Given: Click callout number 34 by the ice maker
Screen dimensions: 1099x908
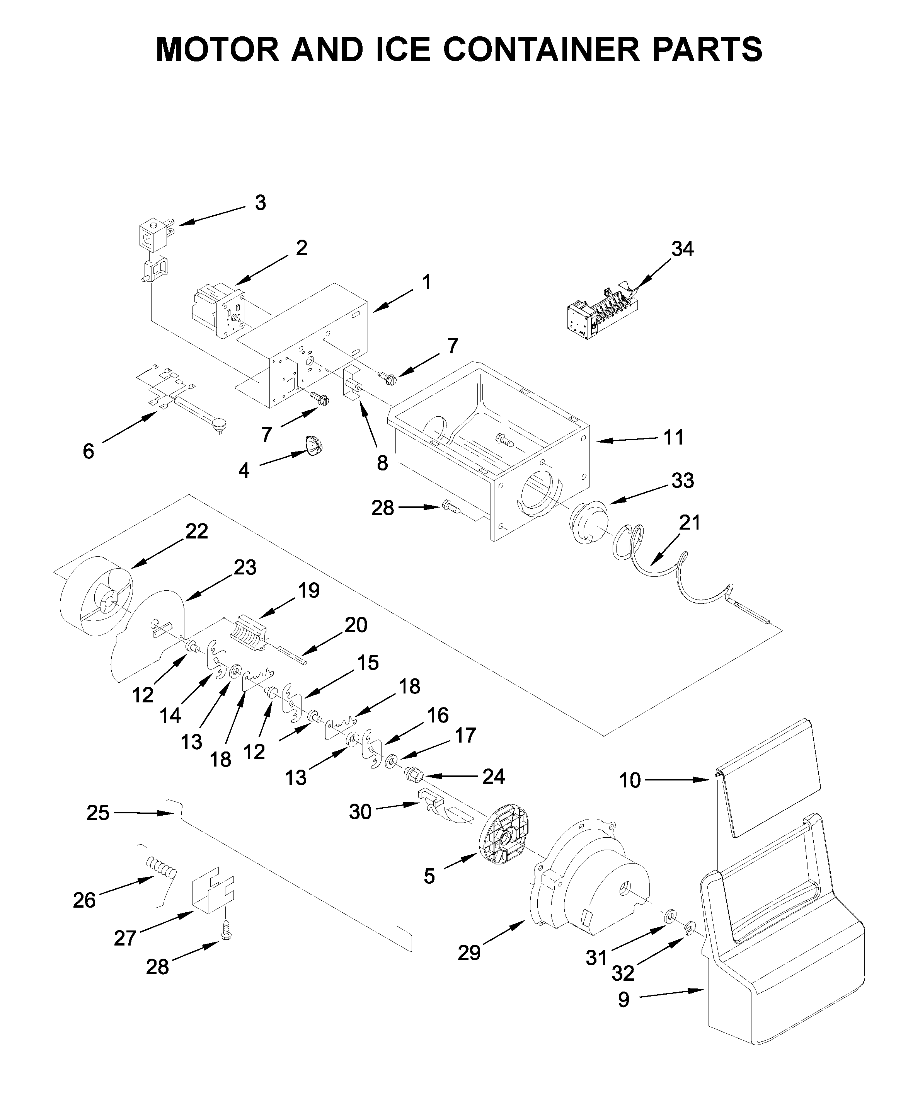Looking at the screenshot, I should (683, 249).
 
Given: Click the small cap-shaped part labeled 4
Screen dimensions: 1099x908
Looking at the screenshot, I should (314, 446).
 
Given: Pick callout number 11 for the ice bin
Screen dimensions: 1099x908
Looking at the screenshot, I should (674, 437).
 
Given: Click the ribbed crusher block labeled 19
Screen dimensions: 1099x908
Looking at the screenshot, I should (249, 634).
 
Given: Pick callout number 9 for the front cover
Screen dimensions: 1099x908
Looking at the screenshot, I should (624, 1000).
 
